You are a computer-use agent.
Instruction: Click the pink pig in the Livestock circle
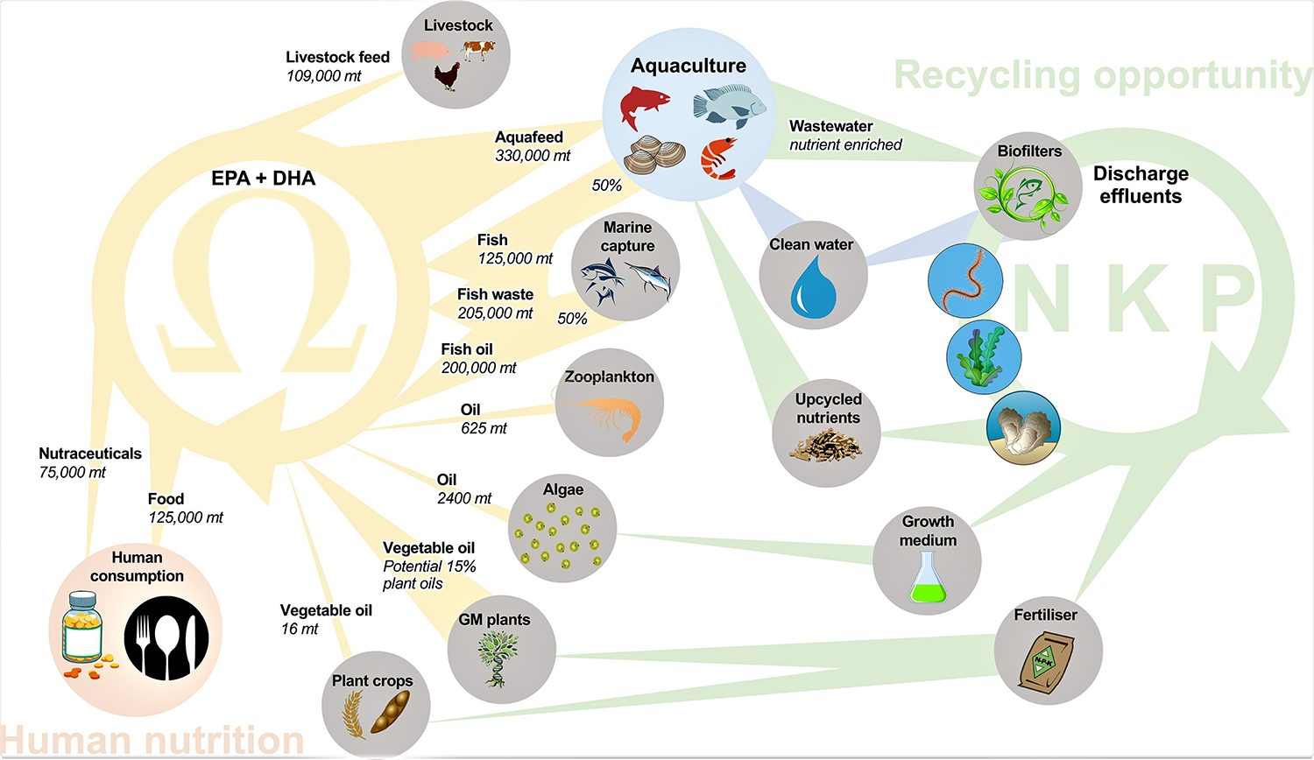(x=429, y=52)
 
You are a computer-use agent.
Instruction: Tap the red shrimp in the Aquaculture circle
(x=718, y=158)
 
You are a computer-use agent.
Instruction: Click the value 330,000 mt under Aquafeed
(x=533, y=156)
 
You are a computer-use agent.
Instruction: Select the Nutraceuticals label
(x=90, y=454)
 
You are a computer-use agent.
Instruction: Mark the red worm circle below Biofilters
(x=964, y=281)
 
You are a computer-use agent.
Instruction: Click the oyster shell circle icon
(x=1023, y=427)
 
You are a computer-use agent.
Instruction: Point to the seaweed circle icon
(x=984, y=356)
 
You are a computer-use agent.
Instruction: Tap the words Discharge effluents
(x=1141, y=185)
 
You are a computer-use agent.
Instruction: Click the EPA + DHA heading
(x=263, y=179)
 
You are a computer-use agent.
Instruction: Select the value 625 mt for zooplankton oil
(x=484, y=428)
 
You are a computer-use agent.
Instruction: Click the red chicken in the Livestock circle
(x=448, y=76)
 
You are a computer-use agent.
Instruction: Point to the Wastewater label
(x=830, y=126)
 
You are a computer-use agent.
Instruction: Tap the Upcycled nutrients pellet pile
(x=826, y=446)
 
